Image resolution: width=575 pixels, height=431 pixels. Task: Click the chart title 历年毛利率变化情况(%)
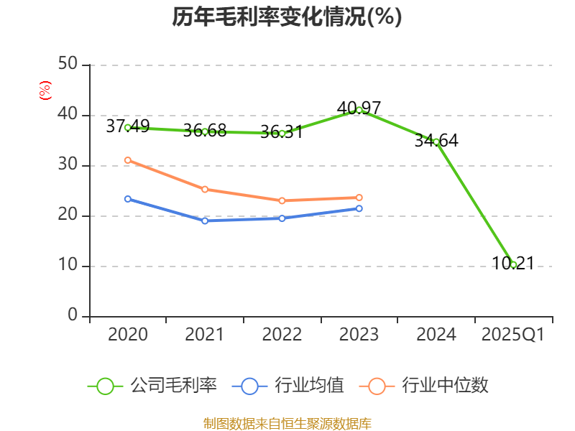pyautogui.click(x=287, y=17)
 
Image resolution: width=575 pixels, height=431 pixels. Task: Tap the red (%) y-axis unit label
pyautogui.click(x=45, y=91)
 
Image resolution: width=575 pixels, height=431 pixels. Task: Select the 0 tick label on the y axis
pyautogui.click(x=73, y=316)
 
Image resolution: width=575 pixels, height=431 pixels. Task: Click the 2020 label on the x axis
pyautogui.click(x=128, y=335)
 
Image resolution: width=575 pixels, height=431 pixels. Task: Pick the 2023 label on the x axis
pyautogui.click(x=359, y=335)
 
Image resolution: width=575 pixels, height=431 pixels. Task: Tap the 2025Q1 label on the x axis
pyautogui.click(x=513, y=335)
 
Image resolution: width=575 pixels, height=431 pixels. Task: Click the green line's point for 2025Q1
pyautogui.click(x=513, y=264)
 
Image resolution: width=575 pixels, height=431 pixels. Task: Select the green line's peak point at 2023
pyautogui.click(x=359, y=110)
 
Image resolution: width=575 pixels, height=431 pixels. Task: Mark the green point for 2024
pyautogui.click(x=436, y=142)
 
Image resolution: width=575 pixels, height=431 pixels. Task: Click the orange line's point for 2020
pyautogui.click(x=128, y=160)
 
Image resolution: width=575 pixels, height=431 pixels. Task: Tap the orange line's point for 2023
pyautogui.click(x=359, y=198)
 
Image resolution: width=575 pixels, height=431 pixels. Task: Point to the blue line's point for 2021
pyautogui.click(x=205, y=221)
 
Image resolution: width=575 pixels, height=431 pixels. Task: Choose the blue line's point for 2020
pyautogui.click(x=128, y=198)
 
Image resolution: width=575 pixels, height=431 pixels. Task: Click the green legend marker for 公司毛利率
pyautogui.click(x=106, y=386)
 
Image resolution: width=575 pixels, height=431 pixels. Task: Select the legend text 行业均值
pyautogui.click(x=310, y=386)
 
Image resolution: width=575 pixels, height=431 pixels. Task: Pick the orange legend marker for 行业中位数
pyautogui.click(x=377, y=386)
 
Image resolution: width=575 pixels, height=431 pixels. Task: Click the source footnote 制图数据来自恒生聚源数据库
pyautogui.click(x=287, y=423)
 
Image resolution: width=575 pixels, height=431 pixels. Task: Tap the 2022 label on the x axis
pyautogui.click(x=282, y=335)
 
